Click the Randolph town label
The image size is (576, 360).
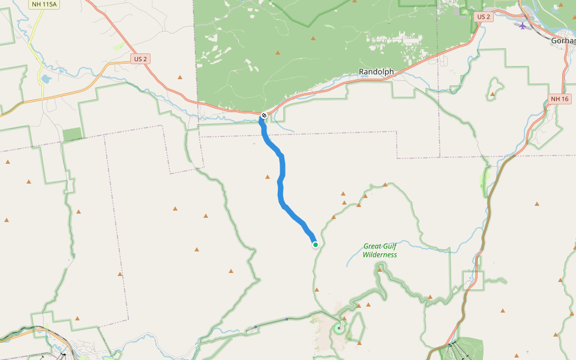[376, 72]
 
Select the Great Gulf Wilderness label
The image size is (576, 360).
[380, 250]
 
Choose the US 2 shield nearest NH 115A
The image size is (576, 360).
[140, 59]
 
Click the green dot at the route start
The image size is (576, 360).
[315, 244]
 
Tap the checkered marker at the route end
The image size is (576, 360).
[264, 115]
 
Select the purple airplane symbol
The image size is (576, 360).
[523, 26]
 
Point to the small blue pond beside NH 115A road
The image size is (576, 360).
[45, 79]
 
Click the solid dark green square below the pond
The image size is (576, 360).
[72, 134]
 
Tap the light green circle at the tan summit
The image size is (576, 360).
[340, 327]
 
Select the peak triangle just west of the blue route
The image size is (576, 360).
[268, 176]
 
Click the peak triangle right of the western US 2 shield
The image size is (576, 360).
[179, 77]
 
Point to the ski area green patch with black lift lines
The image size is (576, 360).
[465, 348]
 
